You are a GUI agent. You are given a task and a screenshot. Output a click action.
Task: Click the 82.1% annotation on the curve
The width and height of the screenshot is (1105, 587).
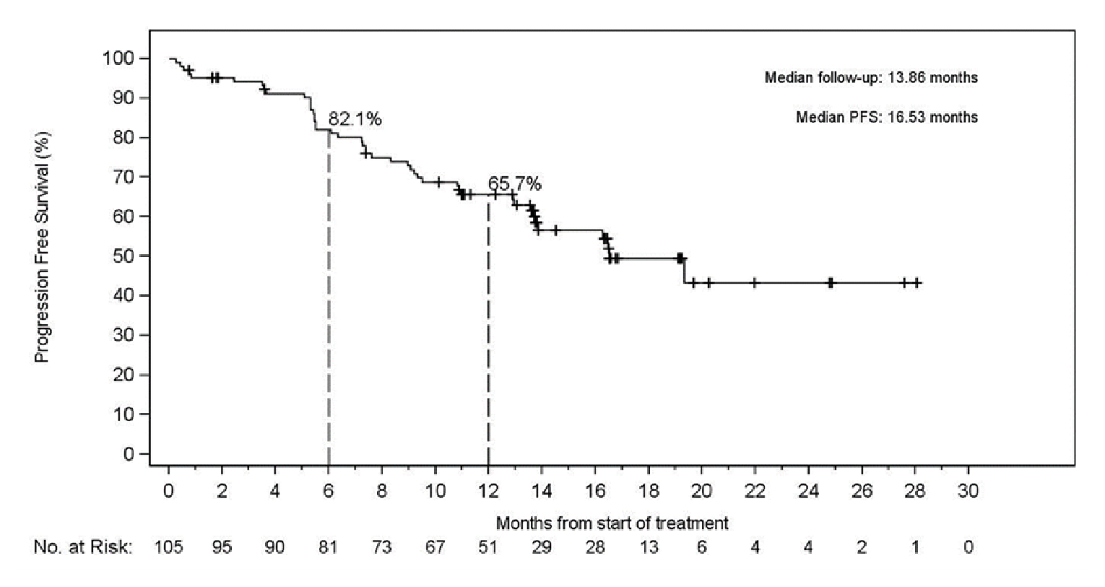click(355, 119)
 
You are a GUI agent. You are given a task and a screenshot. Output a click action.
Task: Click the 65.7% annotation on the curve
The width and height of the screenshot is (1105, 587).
click(514, 184)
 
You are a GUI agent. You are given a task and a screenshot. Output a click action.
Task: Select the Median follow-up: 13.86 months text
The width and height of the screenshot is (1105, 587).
click(871, 77)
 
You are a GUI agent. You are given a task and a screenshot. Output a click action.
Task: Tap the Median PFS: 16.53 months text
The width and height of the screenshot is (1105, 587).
click(886, 117)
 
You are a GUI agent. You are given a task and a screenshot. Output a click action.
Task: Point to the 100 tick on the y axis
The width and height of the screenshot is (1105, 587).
click(119, 58)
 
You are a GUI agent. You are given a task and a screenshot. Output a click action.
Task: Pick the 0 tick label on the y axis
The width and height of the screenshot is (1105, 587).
click(129, 454)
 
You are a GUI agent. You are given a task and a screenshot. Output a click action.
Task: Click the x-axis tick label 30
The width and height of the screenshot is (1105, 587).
click(968, 491)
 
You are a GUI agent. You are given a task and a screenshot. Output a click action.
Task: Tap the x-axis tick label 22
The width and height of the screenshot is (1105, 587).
click(755, 491)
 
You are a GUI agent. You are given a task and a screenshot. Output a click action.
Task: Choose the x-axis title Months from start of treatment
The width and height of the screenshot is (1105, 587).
click(612, 523)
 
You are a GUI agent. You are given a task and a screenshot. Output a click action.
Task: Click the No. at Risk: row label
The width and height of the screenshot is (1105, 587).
click(83, 547)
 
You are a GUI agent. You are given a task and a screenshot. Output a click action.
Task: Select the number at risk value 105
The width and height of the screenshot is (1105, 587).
click(168, 547)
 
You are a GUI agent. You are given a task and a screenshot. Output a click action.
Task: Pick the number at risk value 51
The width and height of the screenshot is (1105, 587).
click(488, 547)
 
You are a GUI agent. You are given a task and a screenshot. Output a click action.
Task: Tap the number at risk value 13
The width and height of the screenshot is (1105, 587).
click(649, 547)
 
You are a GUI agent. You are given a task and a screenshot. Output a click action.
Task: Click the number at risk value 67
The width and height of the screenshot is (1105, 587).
click(435, 547)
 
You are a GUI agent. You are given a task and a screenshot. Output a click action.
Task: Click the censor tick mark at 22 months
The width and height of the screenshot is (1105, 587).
click(755, 283)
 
